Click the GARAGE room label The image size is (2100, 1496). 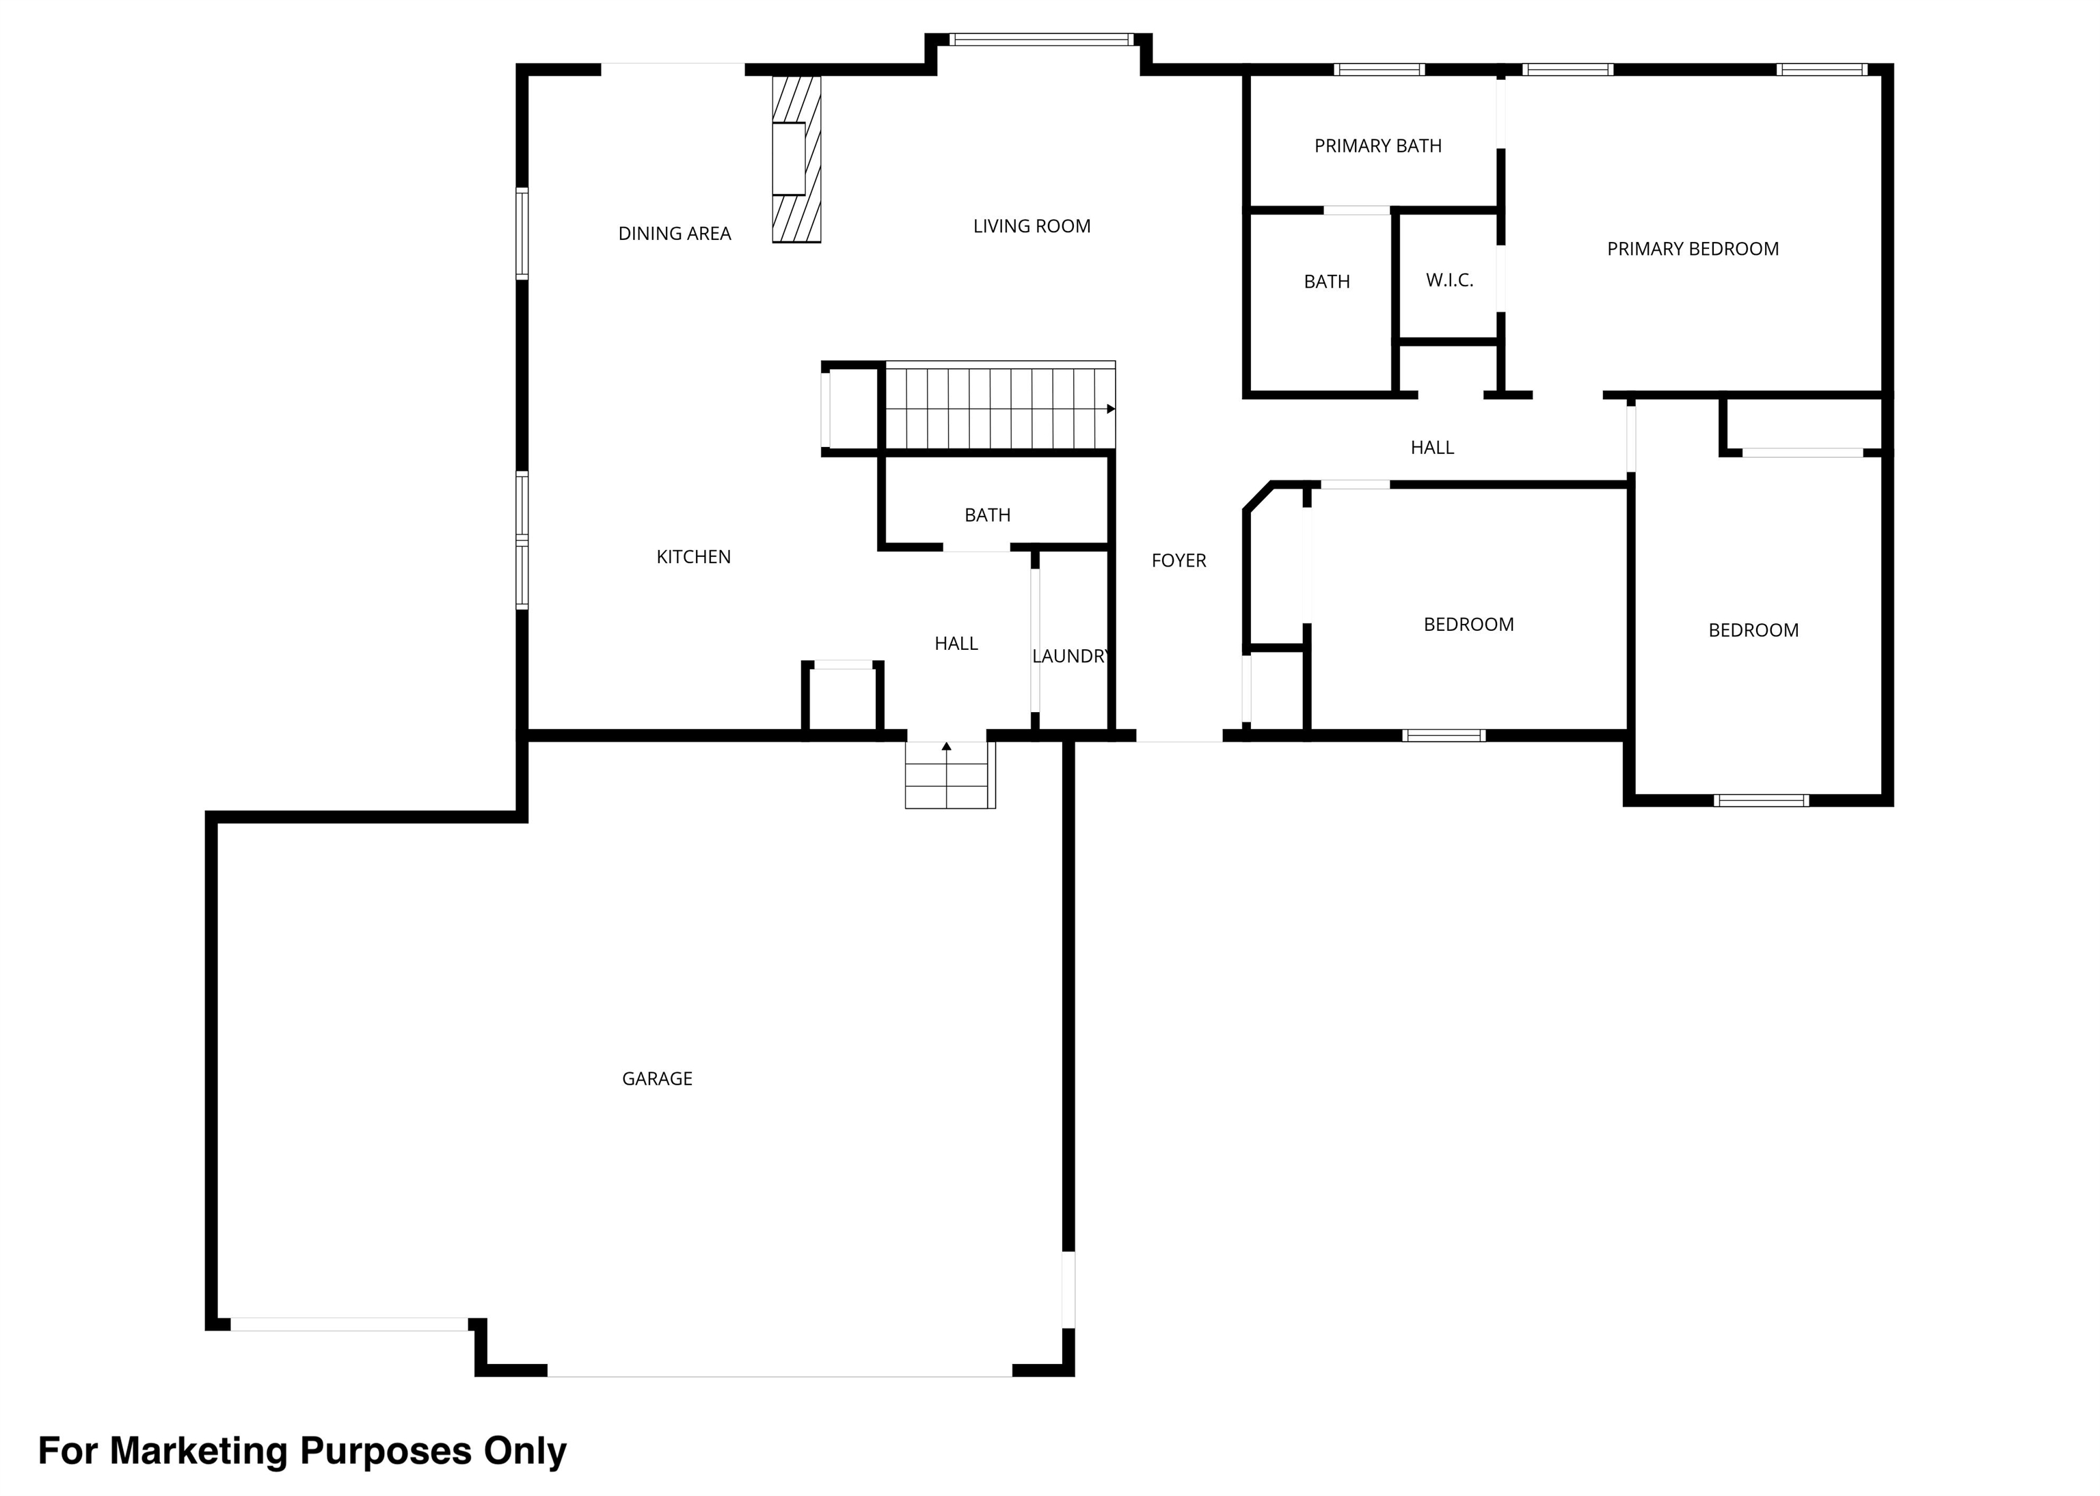point(656,1078)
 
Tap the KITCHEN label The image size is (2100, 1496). point(693,556)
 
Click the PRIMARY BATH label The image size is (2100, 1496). point(1377,146)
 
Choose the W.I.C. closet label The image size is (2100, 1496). point(1449,280)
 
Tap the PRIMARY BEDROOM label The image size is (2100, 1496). point(1692,249)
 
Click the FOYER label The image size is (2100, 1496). point(1178,560)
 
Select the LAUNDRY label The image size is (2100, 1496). point(1069,656)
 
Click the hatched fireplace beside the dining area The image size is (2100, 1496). point(796,159)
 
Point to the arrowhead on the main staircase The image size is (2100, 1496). point(1110,409)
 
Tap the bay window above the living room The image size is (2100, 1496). point(1040,40)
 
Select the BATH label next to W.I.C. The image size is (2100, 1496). point(1326,282)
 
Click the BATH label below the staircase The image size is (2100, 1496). point(987,515)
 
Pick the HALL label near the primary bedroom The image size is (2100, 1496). point(1431,448)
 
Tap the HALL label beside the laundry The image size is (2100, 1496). point(956,643)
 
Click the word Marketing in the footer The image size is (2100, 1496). point(198,1451)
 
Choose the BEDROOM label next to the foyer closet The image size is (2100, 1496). point(1468,625)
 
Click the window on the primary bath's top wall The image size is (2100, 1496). point(1379,69)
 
